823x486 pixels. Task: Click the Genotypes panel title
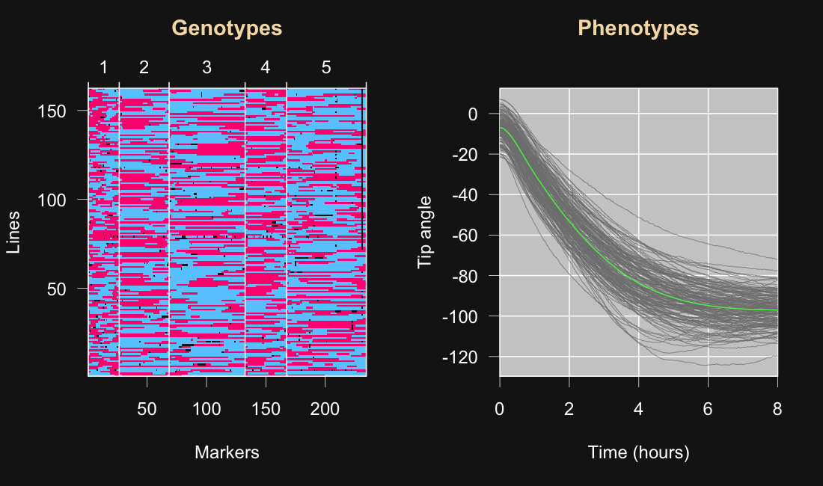point(227,28)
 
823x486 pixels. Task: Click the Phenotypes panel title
point(638,28)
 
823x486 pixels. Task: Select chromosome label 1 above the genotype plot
point(104,67)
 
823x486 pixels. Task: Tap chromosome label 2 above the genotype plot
point(144,67)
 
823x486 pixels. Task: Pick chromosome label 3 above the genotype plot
point(206,67)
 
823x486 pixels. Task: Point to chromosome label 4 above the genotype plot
point(265,67)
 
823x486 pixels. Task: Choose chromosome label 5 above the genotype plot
point(325,67)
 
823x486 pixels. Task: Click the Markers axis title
point(227,452)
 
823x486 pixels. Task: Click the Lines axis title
point(13,233)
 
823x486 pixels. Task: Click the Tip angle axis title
point(425,233)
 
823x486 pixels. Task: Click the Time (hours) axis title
point(638,452)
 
